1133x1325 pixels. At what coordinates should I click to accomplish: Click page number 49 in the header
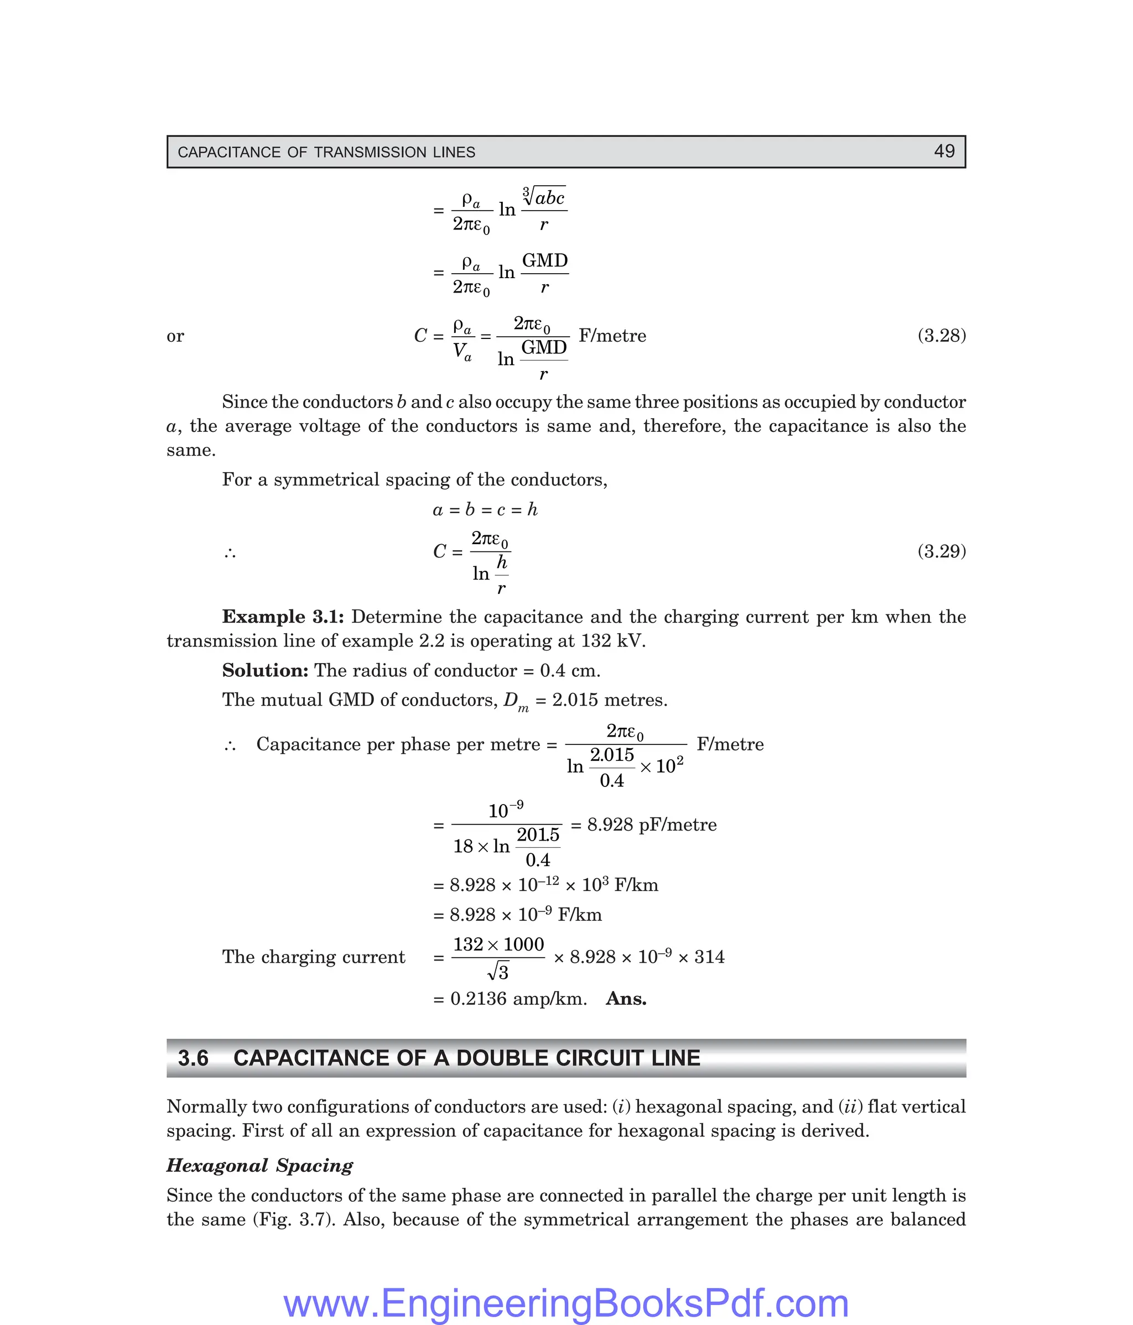coord(944,151)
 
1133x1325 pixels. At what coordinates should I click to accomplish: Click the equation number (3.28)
coord(941,335)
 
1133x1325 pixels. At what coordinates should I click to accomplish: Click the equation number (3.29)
coord(941,551)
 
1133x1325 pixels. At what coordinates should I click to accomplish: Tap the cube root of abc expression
coord(544,196)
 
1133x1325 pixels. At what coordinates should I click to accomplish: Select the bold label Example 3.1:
coord(283,617)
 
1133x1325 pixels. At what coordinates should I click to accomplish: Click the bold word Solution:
coord(265,670)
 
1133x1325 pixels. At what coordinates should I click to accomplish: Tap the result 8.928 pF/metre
coord(651,825)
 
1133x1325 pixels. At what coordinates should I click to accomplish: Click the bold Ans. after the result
coord(626,998)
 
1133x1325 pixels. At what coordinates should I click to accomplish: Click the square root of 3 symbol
coord(498,973)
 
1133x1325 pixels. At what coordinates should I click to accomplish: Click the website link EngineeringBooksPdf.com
coord(566,1303)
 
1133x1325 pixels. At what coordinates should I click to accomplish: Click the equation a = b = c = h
coord(485,510)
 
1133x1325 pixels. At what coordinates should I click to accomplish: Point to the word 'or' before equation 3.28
coord(175,336)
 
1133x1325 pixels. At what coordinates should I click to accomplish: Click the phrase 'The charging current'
coord(314,957)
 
